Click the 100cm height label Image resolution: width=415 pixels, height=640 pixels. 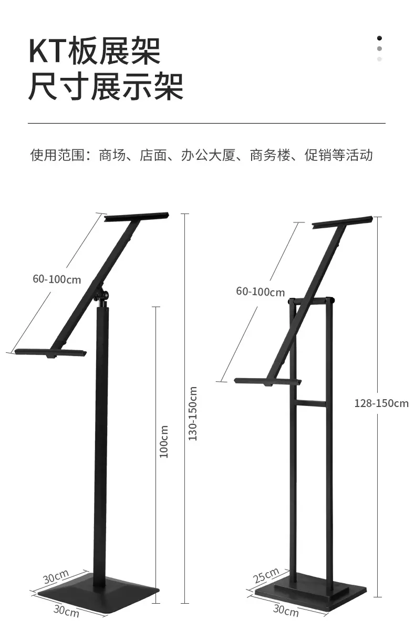coord(164,441)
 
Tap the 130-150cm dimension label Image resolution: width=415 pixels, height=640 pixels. coord(193,413)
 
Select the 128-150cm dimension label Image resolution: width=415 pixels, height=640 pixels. coord(381,403)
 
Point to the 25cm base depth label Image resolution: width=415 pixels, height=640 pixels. coord(266,575)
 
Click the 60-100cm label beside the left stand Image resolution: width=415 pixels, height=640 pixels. coord(57,279)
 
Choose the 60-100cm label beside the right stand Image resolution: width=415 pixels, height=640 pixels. coord(261,291)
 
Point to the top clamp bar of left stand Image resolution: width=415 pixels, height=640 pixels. coord(137,217)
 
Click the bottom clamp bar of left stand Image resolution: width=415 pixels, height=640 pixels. coord(50,353)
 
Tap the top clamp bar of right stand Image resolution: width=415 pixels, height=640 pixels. coord(343,222)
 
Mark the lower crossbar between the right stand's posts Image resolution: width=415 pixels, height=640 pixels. coord(311,403)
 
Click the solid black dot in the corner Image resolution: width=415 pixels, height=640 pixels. coord(379,38)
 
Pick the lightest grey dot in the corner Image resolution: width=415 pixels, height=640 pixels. coord(379,59)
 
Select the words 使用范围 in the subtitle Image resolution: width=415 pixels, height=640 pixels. coord(57,155)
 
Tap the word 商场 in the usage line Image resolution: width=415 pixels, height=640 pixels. coord(112,155)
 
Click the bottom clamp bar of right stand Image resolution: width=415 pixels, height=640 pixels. coord(268,382)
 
